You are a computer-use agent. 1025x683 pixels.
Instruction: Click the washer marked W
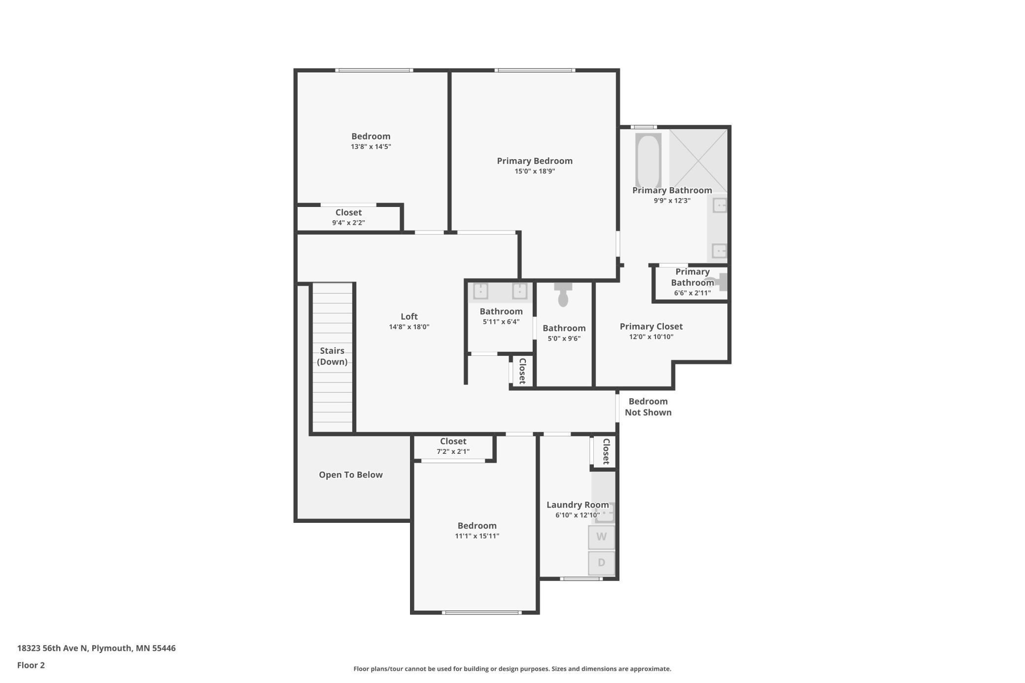(601, 537)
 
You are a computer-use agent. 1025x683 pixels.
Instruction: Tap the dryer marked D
(601, 563)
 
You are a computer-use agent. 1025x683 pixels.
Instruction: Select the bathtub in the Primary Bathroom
(648, 160)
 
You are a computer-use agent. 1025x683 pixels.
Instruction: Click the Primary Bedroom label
(535, 161)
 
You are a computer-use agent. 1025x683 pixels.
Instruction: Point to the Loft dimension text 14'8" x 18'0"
(409, 327)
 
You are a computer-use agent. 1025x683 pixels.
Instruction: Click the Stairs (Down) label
(332, 356)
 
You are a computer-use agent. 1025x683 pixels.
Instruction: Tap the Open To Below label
(350, 475)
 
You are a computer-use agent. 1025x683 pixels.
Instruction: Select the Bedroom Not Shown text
(648, 407)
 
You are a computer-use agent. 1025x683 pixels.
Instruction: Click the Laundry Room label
(578, 505)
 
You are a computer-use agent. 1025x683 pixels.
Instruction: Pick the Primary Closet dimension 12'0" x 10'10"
(651, 337)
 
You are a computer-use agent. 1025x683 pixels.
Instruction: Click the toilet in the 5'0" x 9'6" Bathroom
(563, 295)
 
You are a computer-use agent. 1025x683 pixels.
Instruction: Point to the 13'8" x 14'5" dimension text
(371, 147)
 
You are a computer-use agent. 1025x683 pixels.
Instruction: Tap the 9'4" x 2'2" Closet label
(348, 213)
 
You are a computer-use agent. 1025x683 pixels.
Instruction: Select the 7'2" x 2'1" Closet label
(453, 442)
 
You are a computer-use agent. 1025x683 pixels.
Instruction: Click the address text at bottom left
(96, 649)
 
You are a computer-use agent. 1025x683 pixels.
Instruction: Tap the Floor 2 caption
(31, 665)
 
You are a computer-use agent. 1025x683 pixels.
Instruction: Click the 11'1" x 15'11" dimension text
(477, 536)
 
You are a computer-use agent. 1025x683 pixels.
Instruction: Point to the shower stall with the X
(698, 160)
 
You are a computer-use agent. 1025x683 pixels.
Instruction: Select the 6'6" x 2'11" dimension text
(692, 293)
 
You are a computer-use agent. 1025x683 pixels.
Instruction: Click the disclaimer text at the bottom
(512, 669)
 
